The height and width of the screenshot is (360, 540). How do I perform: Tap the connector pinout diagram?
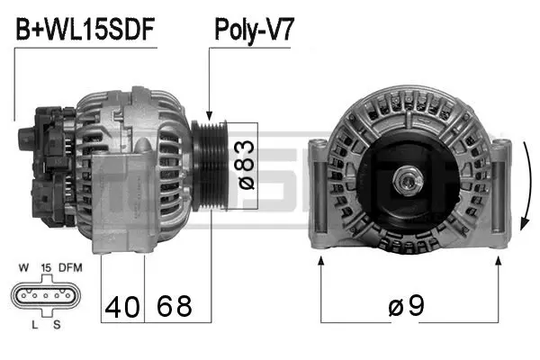click(44, 295)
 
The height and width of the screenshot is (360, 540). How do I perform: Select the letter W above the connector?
click(23, 267)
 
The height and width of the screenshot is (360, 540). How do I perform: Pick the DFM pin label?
click(70, 267)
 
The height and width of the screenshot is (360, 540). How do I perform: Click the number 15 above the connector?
click(45, 267)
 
